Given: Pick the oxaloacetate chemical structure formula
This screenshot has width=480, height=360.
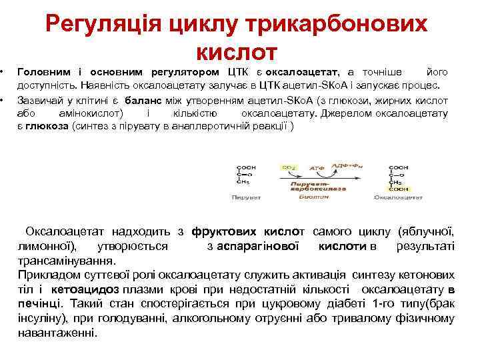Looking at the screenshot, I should pos(399,179).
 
